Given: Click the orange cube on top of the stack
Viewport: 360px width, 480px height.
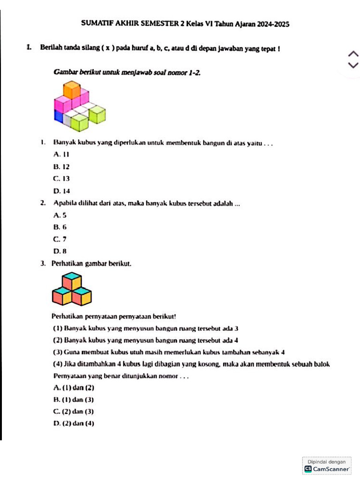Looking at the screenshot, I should coord(72,89).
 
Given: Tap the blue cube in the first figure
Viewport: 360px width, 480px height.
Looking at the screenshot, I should coord(59,116).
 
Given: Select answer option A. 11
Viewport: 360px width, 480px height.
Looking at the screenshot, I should coord(61,154).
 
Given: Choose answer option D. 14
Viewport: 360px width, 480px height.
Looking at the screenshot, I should coord(62,191).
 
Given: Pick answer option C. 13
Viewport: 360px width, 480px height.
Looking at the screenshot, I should coord(62,179).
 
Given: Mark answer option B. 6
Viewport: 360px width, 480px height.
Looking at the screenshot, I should coord(60,227).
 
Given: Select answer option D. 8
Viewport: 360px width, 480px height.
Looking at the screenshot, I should coord(60,251).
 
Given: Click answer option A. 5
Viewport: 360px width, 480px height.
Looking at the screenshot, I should coord(60,215).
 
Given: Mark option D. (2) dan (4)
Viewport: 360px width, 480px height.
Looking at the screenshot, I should coord(74,424).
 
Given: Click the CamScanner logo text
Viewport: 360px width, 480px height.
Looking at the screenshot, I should coord(330,469).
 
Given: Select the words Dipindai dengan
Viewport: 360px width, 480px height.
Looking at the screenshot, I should coord(327,462).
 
